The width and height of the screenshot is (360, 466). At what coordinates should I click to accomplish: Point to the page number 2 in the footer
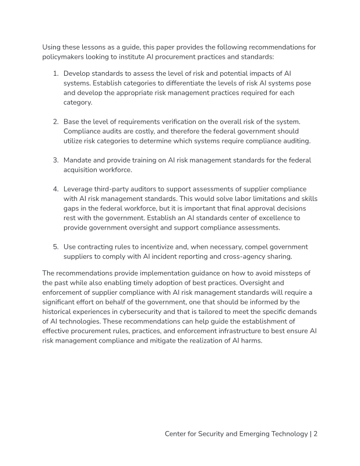[x=315, y=433]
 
